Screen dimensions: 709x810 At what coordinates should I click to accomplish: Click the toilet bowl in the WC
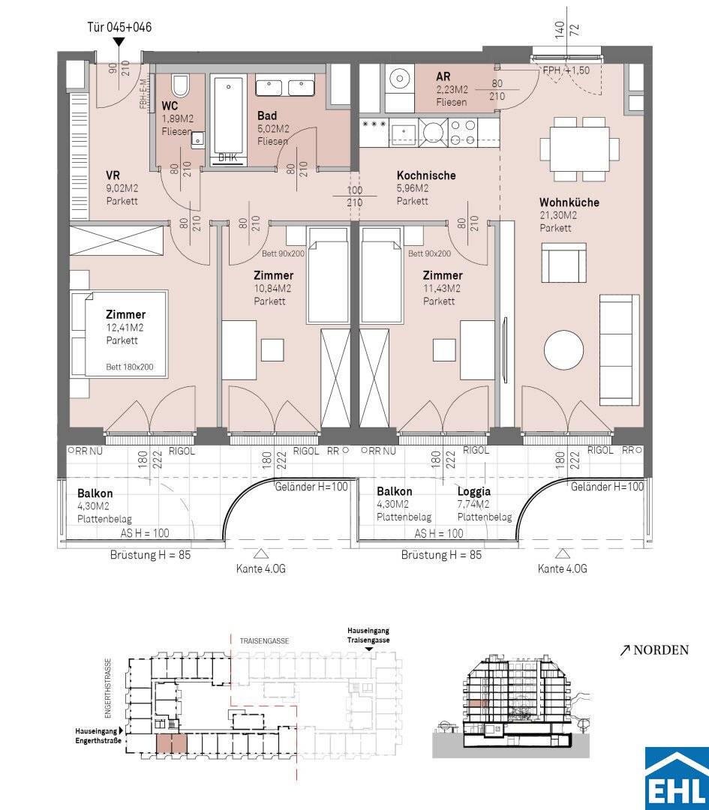click(x=180, y=86)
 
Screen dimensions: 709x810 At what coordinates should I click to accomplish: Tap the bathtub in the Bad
click(x=227, y=117)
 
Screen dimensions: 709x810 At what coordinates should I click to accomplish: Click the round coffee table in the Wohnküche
click(x=564, y=350)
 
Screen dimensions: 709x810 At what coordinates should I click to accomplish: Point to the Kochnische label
click(x=426, y=175)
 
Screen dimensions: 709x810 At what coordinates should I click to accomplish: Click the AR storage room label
click(x=443, y=77)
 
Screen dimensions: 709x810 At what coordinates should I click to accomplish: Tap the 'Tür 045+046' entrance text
click(x=119, y=28)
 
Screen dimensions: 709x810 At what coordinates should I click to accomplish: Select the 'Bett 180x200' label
click(x=130, y=367)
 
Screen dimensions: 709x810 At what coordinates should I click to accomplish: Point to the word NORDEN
click(x=661, y=649)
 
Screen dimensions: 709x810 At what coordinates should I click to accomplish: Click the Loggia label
click(x=474, y=492)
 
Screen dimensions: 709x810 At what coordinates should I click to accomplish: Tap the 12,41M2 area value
click(x=125, y=328)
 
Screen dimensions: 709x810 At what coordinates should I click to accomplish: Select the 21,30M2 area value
click(x=558, y=215)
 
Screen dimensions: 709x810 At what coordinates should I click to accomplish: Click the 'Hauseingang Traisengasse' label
click(x=368, y=635)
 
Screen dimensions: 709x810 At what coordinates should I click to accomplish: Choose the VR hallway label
click(x=113, y=175)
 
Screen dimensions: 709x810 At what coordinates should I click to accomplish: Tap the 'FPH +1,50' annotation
click(x=566, y=70)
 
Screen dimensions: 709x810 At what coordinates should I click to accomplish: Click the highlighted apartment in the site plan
click(x=171, y=744)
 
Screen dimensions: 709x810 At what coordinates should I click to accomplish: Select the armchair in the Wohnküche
click(x=563, y=263)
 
